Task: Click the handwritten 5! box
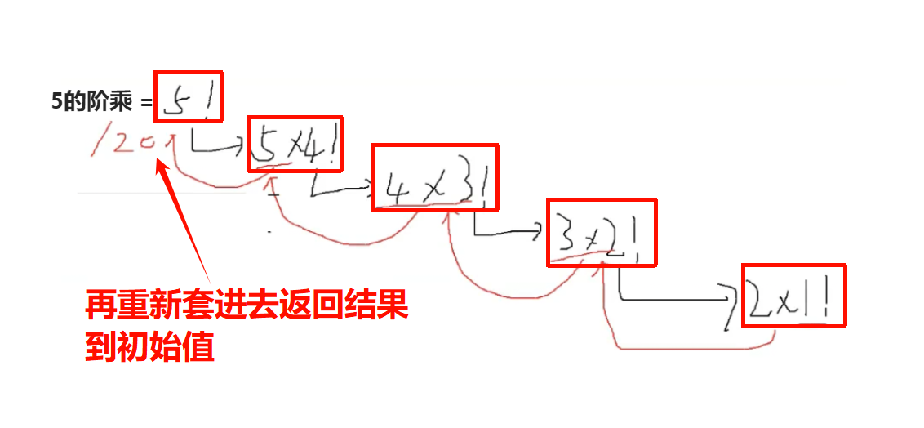(x=187, y=96)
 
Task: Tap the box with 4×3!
(x=434, y=177)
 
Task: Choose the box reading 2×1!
(x=793, y=295)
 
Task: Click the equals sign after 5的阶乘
(x=145, y=103)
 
